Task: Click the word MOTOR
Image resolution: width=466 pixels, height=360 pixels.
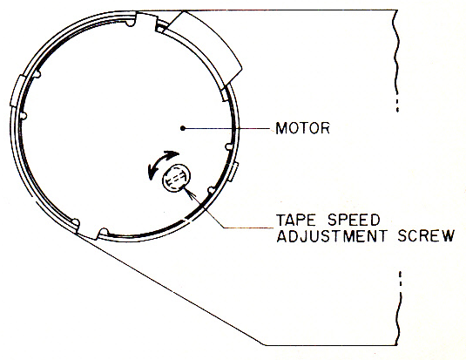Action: (302, 128)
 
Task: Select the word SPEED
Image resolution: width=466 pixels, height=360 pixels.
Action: (354, 221)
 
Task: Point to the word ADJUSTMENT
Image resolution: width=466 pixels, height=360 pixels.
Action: (332, 236)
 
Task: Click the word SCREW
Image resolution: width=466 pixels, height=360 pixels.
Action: (426, 236)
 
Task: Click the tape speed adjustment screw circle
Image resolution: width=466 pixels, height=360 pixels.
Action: (176, 178)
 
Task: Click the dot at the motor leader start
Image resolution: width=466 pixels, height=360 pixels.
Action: (183, 128)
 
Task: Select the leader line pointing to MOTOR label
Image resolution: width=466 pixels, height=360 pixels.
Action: (226, 128)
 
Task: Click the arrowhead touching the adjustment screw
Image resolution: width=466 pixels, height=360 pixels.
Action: (189, 193)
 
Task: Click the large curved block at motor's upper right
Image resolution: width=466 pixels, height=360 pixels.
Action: (205, 47)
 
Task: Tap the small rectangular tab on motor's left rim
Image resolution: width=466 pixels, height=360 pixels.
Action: (16, 91)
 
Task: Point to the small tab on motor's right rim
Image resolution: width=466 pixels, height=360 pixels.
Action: (233, 172)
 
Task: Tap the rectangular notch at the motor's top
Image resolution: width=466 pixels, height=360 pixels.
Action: (146, 22)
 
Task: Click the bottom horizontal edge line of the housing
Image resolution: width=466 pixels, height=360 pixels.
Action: (331, 345)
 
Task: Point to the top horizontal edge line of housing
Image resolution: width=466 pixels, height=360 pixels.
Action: (291, 10)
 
